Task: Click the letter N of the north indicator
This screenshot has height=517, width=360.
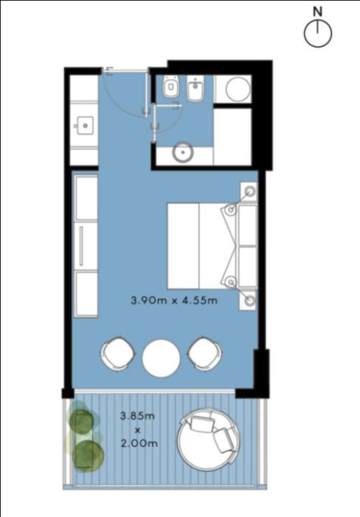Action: pos(317,12)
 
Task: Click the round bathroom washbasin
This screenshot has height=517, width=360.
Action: pos(183,153)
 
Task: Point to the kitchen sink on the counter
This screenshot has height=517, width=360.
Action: pos(85,126)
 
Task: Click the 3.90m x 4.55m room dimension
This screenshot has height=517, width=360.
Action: pos(174,301)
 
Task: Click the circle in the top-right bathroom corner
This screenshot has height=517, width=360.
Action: pos(238,89)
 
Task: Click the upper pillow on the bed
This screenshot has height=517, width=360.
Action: pos(248,225)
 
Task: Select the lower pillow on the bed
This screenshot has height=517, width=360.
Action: pos(248,267)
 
